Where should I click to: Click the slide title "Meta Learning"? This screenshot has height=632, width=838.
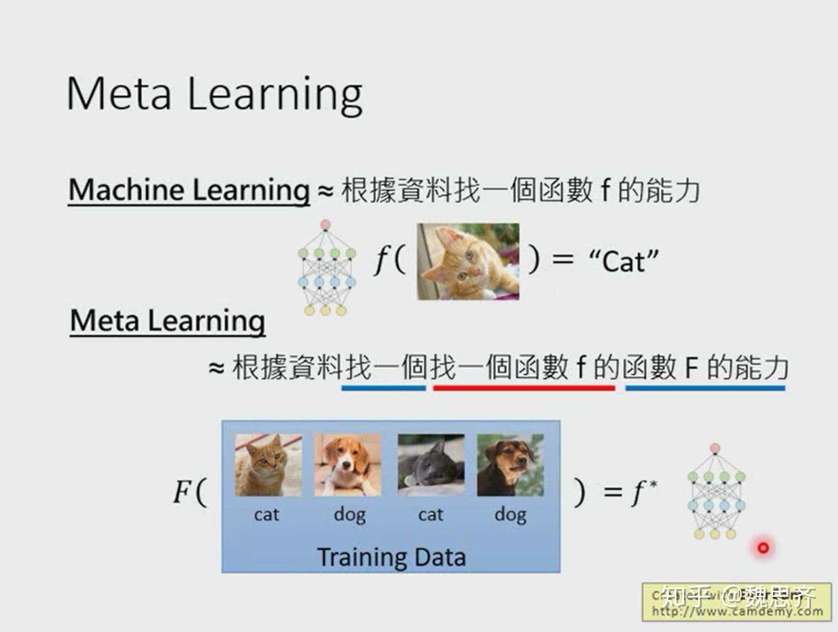coord(214,94)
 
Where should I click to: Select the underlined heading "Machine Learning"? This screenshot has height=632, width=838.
coord(189,190)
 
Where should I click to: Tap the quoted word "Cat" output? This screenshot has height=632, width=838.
coord(624,261)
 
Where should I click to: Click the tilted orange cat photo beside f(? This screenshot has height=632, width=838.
coord(468,261)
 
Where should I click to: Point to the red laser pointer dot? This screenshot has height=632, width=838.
coord(763,548)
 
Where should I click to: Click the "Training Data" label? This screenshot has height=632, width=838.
coord(391,556)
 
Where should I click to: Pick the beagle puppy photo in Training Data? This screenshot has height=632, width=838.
coord(347,465)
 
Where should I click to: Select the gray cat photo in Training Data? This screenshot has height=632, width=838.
coord(430,465)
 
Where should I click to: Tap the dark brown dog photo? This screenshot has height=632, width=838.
coord(510,465)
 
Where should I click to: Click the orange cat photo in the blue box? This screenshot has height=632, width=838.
coord(268,465)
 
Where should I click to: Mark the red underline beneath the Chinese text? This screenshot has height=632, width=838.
coord(524,388)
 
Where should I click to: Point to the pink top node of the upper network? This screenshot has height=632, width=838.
coord(326,225)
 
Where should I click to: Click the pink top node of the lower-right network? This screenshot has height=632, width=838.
coord(714,449)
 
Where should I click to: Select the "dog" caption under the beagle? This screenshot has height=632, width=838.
coord(350,514)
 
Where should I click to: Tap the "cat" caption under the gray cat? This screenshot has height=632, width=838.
coord(430,514)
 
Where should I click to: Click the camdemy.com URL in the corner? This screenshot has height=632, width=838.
coord(737,611)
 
